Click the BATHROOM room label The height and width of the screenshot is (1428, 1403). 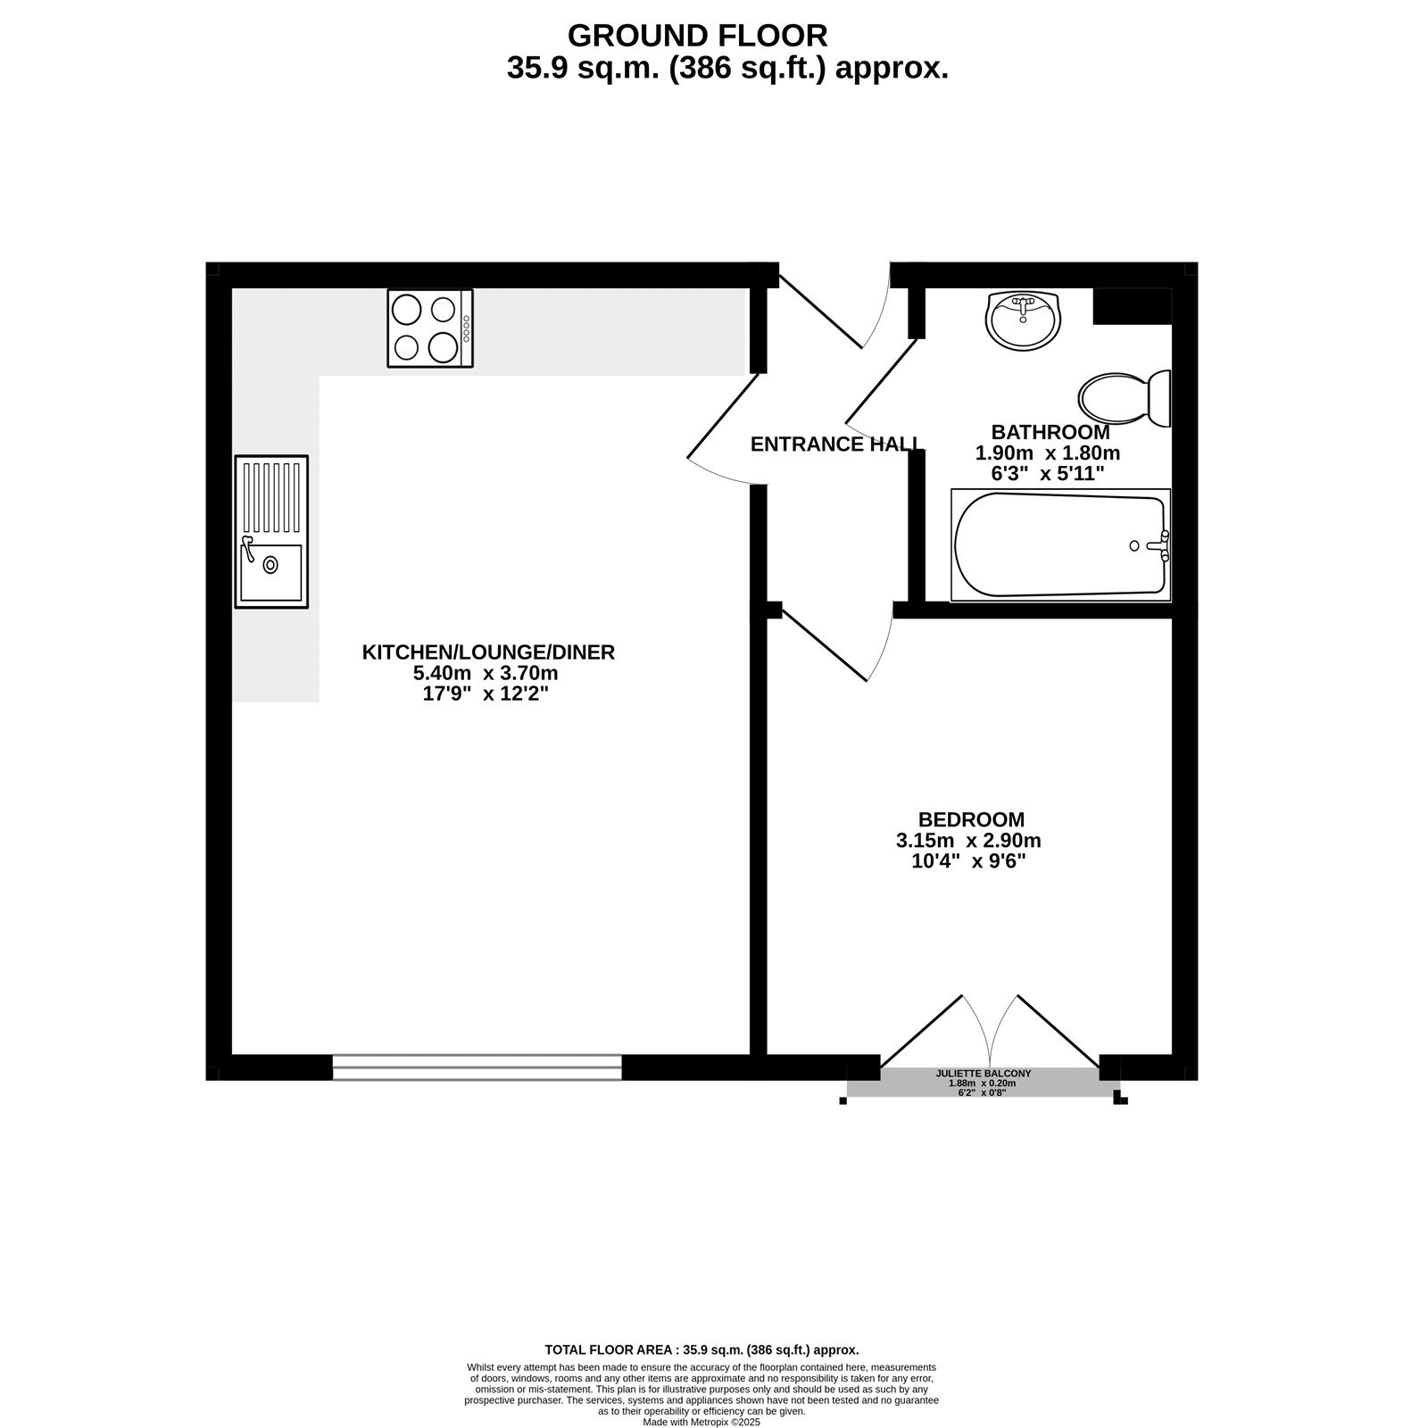click(1050, 432)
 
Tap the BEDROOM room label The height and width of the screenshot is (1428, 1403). click(971, 819)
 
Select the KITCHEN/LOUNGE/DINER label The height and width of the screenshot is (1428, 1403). click(488, 652)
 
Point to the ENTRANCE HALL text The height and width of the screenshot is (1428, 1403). click(836, 444)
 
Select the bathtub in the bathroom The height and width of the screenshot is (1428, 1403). click(1060, 545)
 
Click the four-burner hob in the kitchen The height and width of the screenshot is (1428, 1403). click(429, 328)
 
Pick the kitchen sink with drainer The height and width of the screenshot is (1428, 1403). click(271, 532)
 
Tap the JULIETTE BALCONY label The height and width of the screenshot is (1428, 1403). click(983, 1074)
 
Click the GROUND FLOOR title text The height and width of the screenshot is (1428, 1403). click(697, 36)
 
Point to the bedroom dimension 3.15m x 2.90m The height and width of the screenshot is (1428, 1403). click(968, 841)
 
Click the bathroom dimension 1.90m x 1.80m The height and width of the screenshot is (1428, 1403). click(1047, 453)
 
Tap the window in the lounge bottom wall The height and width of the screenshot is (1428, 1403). click(477, 1067)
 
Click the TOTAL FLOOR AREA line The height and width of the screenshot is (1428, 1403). click(701, 1350)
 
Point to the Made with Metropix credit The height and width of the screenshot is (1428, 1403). click(701, 1423)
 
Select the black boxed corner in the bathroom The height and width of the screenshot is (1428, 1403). click(1132, 306)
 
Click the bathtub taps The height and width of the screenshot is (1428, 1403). click(1160, 545)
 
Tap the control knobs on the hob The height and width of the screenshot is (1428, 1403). click(467, 328)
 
